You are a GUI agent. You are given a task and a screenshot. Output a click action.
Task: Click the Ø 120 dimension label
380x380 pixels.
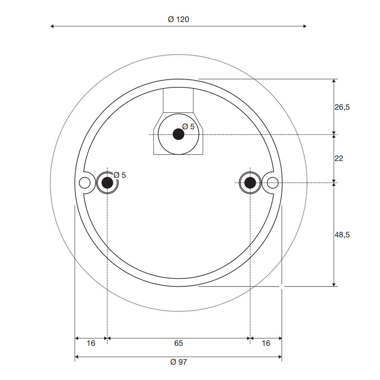point(178,19)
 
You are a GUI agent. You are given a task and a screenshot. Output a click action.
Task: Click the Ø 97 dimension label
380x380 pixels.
point(178,362)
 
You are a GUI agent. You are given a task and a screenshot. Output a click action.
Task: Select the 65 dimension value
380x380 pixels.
point(178,343)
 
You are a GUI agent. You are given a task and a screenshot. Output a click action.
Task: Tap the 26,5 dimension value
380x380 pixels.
point(342,107)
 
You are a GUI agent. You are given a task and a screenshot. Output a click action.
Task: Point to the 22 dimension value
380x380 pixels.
point(339,158)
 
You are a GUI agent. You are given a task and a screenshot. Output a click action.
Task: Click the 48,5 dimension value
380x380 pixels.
point(342,234)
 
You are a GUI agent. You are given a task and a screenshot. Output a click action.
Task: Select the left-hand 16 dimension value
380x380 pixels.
point(90,343)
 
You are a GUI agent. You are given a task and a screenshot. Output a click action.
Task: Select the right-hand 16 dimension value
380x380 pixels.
point(266,343)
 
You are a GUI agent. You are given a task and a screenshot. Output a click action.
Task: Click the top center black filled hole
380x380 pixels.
point(178,134)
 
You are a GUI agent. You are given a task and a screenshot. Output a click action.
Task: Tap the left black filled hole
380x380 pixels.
point(108,183)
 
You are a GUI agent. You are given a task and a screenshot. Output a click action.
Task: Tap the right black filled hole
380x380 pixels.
point(250,183)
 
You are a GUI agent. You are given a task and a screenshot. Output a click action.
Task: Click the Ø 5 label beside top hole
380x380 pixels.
point(188,127)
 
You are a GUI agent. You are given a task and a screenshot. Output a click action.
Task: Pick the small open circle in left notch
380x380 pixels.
point(85,183)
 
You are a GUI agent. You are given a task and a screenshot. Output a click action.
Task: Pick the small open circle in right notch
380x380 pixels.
point(272,183)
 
